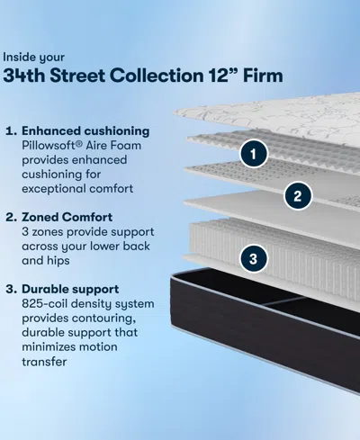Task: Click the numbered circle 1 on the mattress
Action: (x=255, y=154)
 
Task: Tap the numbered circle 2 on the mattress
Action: (x=298, y=193)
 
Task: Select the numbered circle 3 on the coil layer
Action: (x=255, y=258)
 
